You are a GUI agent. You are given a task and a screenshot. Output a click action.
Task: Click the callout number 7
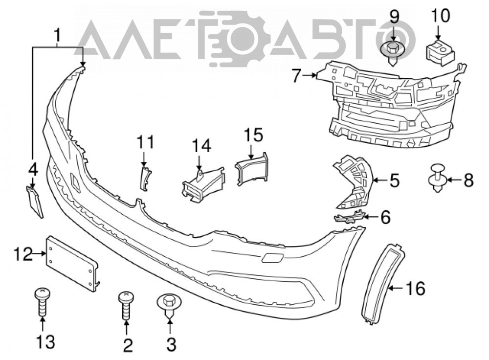pos(297,75)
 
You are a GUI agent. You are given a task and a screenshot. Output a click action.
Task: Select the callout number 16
pos(416,288)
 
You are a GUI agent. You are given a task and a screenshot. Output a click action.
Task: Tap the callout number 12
pos(23,254)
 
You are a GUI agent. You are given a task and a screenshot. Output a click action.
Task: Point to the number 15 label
pos(253,135)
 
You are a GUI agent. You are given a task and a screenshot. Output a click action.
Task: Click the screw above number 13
pos(42,301)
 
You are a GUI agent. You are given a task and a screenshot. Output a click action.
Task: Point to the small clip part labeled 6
pos(349,216)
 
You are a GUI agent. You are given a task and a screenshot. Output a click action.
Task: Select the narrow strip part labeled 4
pos(35,202)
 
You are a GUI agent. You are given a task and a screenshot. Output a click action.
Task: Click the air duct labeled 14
pos(203,184)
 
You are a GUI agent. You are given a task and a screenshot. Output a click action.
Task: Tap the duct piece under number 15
pos(252,169)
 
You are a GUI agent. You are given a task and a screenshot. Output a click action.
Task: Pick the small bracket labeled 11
pos(145,179)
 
